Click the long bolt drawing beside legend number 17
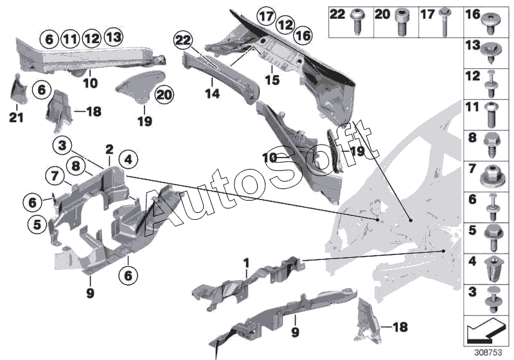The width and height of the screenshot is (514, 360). coord(445,21)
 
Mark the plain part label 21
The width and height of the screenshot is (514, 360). coord(14,117)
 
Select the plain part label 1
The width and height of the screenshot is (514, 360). coord(246,262)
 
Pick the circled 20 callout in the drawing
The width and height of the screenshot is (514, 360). coord(164,94)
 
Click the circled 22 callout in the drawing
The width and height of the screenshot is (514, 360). coord(184,41)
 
